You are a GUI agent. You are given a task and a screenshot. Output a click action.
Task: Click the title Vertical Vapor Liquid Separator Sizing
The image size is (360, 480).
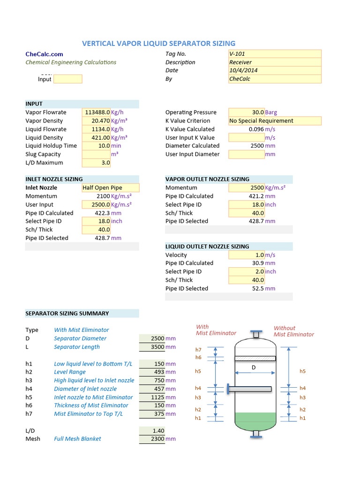[158, 44]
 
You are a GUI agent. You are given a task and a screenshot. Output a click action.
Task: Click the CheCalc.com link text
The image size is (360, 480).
[44, 54]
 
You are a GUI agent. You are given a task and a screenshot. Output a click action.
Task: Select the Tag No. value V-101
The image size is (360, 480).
[275, 54]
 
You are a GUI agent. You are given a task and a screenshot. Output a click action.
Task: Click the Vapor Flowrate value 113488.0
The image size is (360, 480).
[96, 112]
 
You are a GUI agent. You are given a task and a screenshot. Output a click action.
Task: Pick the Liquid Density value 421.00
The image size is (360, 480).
[96, 138]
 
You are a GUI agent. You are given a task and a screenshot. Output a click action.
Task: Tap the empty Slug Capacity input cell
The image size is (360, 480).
[96, 155]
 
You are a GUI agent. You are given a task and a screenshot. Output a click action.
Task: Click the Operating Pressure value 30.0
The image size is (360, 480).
[247, 112]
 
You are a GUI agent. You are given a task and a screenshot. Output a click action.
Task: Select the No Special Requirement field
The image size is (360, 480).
[275, 121]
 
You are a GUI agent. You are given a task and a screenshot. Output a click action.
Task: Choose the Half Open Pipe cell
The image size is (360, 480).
[111, 188]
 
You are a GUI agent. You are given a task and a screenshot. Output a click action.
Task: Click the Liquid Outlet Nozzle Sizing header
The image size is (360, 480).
[207, 247]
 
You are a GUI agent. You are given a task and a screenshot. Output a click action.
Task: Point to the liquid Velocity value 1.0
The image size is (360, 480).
[247, 255]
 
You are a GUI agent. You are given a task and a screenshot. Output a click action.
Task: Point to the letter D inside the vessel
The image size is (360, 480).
[254, 367]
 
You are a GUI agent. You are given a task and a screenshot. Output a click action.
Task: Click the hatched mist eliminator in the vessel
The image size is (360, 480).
[255, 358]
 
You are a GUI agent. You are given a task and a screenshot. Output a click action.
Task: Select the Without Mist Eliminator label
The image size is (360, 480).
[294, 331]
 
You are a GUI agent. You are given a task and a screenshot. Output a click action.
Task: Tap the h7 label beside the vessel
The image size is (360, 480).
[198, 350]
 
